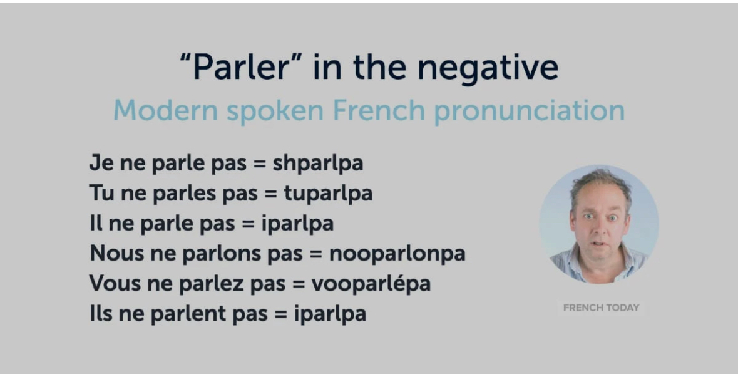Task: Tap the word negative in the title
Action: (488, 68)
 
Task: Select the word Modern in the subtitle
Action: (166, 111)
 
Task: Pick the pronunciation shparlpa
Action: (318, 164)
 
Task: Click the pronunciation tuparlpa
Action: (328, 194)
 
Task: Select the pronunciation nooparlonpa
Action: (397, 254)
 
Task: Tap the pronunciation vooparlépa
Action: (371, 283)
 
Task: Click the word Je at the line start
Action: (100, 164)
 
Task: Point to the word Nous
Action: (116, 254)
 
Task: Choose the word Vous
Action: (116, 284)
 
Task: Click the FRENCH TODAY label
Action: (601, 308)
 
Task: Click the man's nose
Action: (600, 229)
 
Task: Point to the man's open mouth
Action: (600, 244)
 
